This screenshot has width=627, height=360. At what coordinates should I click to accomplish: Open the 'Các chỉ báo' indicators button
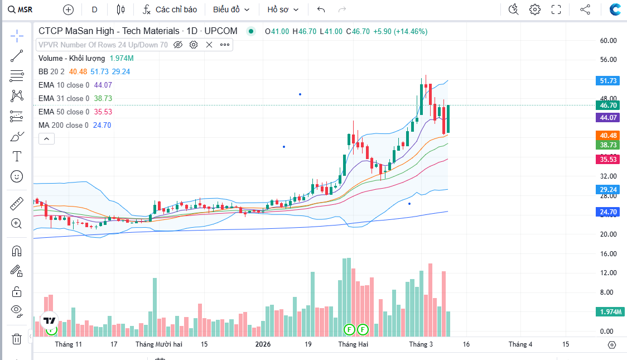coord(170,9)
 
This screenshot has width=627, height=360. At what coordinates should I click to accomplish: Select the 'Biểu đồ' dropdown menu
coord(231,9)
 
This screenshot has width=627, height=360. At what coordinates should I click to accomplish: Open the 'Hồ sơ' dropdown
coord(283,9)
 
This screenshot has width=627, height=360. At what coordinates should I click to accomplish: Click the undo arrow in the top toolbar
coord(321,9)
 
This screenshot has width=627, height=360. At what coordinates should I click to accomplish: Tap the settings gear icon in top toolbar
coord(535,9)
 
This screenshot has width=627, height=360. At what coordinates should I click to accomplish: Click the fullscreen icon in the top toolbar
coord(556,9)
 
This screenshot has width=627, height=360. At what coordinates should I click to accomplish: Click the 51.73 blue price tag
coord(608,81)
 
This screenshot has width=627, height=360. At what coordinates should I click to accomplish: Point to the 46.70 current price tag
coord(608,105)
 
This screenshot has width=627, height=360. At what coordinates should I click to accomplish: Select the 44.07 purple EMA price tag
coord(608,118)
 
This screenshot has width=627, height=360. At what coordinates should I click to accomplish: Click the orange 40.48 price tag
coord(608,136)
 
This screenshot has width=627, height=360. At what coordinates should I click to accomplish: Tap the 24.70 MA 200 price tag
coord(608,212)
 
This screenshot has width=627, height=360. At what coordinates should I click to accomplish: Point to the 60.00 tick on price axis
coord(608,41)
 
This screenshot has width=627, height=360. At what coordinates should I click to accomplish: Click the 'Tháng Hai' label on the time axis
coord(353,344)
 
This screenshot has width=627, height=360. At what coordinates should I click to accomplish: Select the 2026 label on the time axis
coord(263,344)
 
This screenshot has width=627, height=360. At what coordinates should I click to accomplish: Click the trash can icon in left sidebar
coord(17,339)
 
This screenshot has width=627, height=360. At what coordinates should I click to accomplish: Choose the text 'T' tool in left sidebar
coord(17,156)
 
